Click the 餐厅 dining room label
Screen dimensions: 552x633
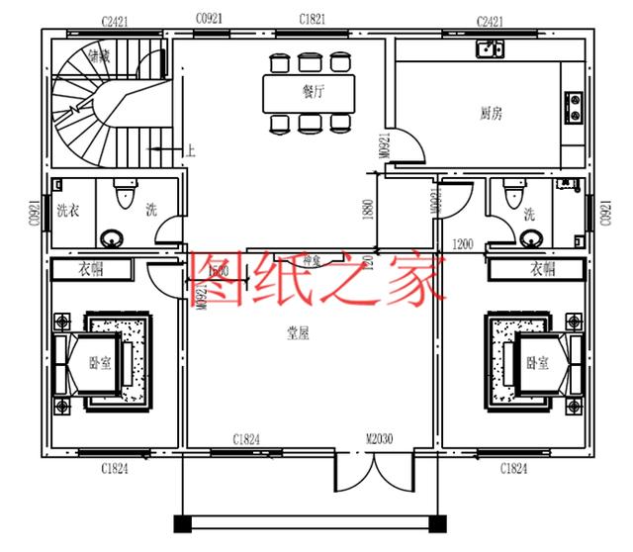pyautogui.click(x=314, y=91)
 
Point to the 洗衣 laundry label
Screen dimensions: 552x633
pyautogui.click(x=67, y=210)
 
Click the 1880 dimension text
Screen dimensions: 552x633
pyautogui.click(x=368, y=210)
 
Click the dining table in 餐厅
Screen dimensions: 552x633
pyautogui.click(x=310, y=93)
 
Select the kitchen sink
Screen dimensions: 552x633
pyautogui.click(x=490, y=48)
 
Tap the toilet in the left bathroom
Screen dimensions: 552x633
pyautogui.click(x=125, y=195)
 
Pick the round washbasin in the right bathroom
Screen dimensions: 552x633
pyautogui.click(x=533, y=235)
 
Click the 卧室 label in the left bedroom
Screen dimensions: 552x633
pyautogui.click(x=98, y=363)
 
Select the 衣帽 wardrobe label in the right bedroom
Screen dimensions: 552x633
pyautogui.click(x=542, y=269)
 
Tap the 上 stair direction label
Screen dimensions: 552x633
pyautogui.click(x=190, y=151)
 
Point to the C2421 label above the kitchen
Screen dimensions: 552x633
pyautogui.click(x=491, y=20)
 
